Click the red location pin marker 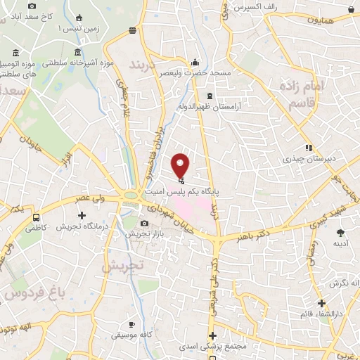point(181,165)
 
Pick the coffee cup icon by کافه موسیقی point(131,325)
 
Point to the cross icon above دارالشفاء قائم point(322,304)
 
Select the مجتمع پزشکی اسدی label point(211,347)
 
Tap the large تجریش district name point(122,266)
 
